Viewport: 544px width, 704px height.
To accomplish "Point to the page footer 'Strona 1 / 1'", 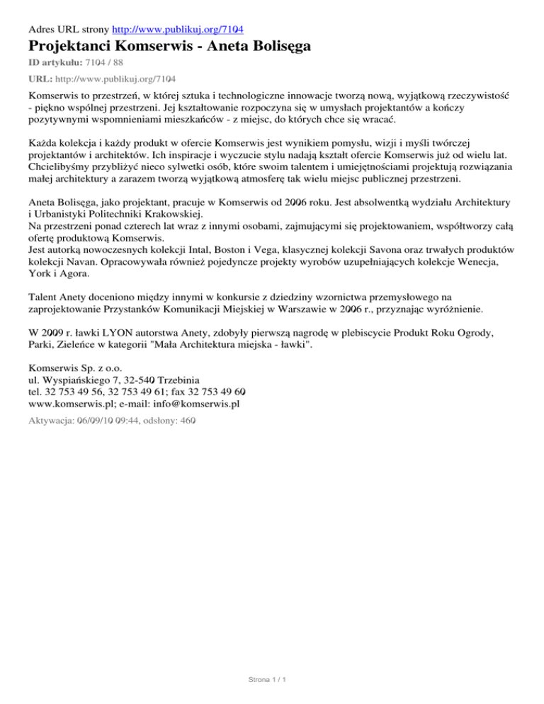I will (x=271, y=681).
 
